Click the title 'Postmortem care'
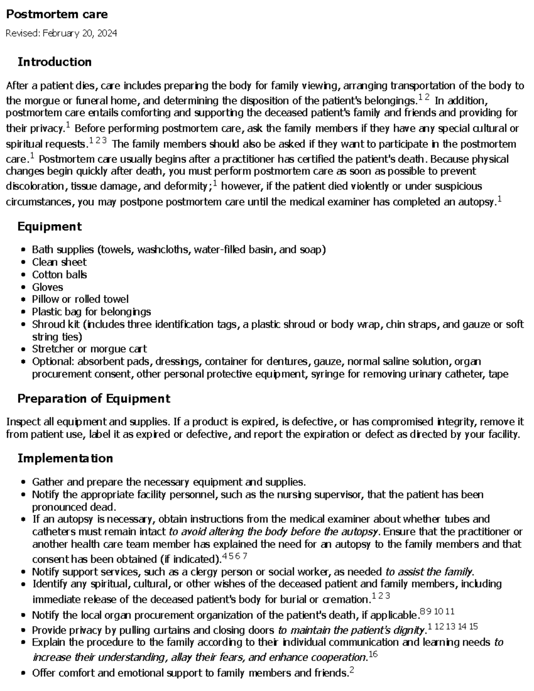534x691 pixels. [57, 14]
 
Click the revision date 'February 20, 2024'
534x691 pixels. [80, 33]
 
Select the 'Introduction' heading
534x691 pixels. [54, 62]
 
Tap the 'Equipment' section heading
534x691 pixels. [49, 226]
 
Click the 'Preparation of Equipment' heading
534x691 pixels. [93, 399]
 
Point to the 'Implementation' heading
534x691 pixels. [65, 458]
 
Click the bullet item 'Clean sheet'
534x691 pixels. [59, 262]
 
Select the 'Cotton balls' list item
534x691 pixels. [59, 275]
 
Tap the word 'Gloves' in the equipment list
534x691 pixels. [47, 287]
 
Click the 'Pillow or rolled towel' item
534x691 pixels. [80, 299]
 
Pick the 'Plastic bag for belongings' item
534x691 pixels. [91, 311]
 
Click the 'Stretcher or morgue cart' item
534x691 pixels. [89, 349]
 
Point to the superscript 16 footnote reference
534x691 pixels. [373, 654]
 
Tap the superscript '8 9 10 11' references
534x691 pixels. [437, 612]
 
